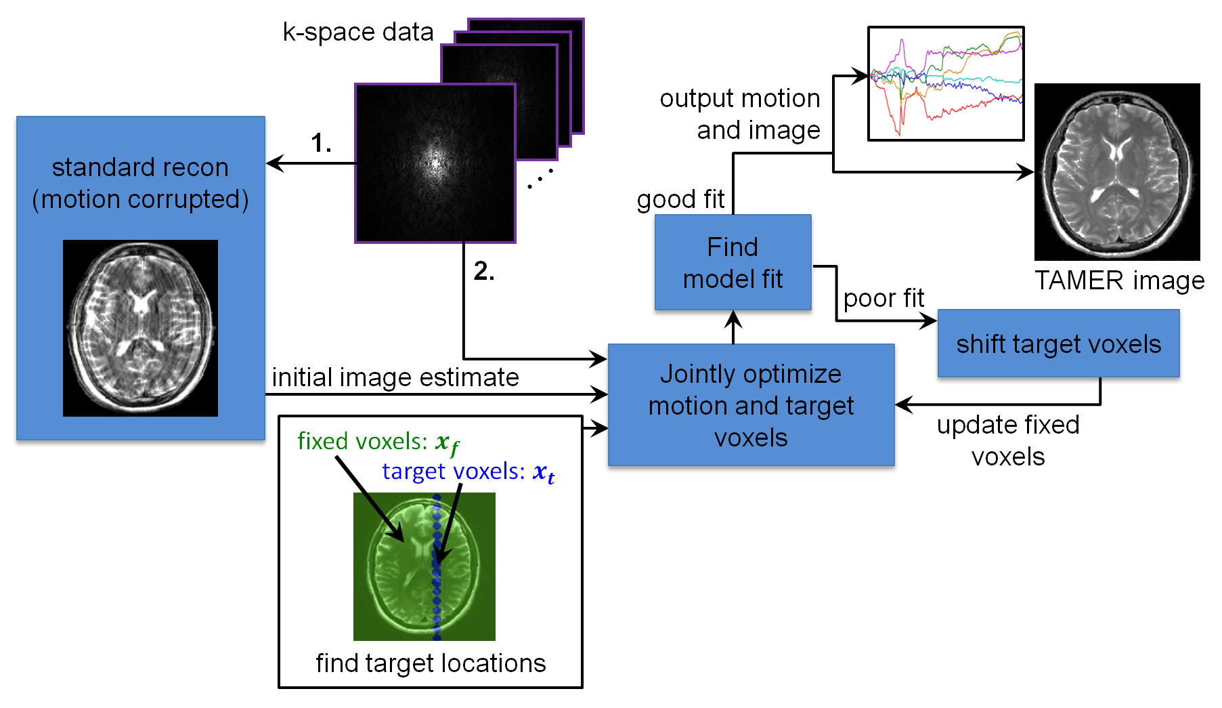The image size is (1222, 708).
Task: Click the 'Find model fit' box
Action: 733,262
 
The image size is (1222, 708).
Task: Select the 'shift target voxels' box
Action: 1059,343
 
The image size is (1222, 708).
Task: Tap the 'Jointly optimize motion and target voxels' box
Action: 751,405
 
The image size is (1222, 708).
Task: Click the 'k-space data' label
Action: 358,32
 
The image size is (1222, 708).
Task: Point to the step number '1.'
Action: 321,143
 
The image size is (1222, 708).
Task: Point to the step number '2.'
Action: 484,271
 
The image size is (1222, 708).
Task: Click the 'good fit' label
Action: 680,199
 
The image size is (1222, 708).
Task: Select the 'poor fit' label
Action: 883,298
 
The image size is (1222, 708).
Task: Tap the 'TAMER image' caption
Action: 1120,280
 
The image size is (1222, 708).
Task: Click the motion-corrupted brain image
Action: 140,328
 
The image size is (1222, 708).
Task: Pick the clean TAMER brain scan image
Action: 1117,172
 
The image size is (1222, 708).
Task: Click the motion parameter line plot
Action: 946,84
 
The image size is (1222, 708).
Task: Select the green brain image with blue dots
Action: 424,566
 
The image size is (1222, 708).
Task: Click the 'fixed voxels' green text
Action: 378,442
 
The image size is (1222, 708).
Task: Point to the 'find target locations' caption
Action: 431,663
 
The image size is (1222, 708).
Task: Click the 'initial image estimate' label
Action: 395,377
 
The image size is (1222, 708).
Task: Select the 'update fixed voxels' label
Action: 1008,440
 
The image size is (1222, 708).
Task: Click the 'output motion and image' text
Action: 740,114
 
